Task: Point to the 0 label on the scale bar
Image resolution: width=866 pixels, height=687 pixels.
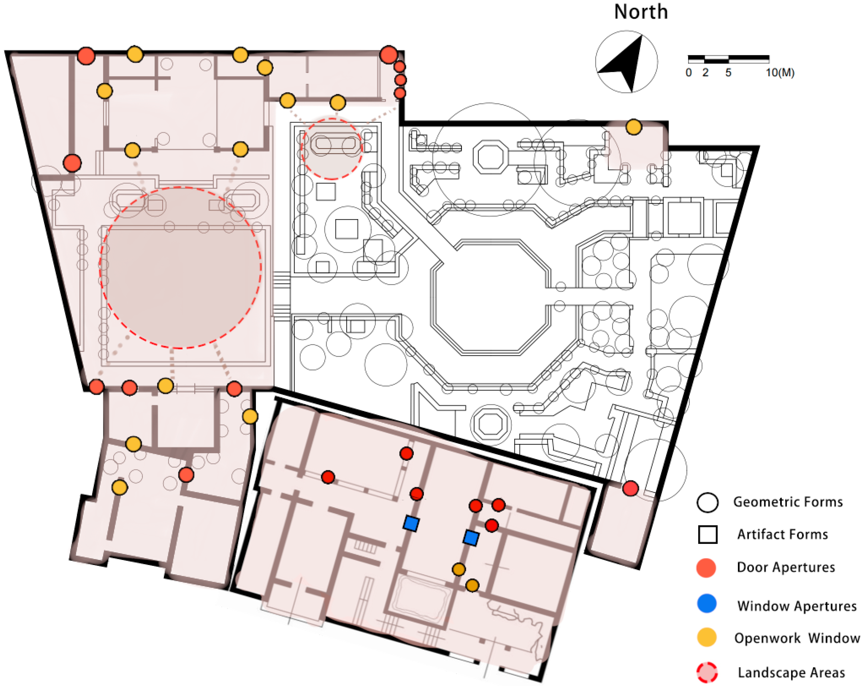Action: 689,73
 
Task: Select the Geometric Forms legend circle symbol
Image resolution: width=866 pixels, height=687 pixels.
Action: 707,502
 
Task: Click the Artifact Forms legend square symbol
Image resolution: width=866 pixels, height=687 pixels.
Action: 707,535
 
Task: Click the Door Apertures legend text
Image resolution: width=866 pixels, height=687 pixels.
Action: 786,567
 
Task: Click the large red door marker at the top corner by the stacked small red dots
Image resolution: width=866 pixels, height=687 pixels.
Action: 388,55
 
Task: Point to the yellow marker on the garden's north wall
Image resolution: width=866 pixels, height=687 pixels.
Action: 633,127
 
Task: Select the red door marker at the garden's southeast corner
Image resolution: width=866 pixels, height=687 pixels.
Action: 630,488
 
